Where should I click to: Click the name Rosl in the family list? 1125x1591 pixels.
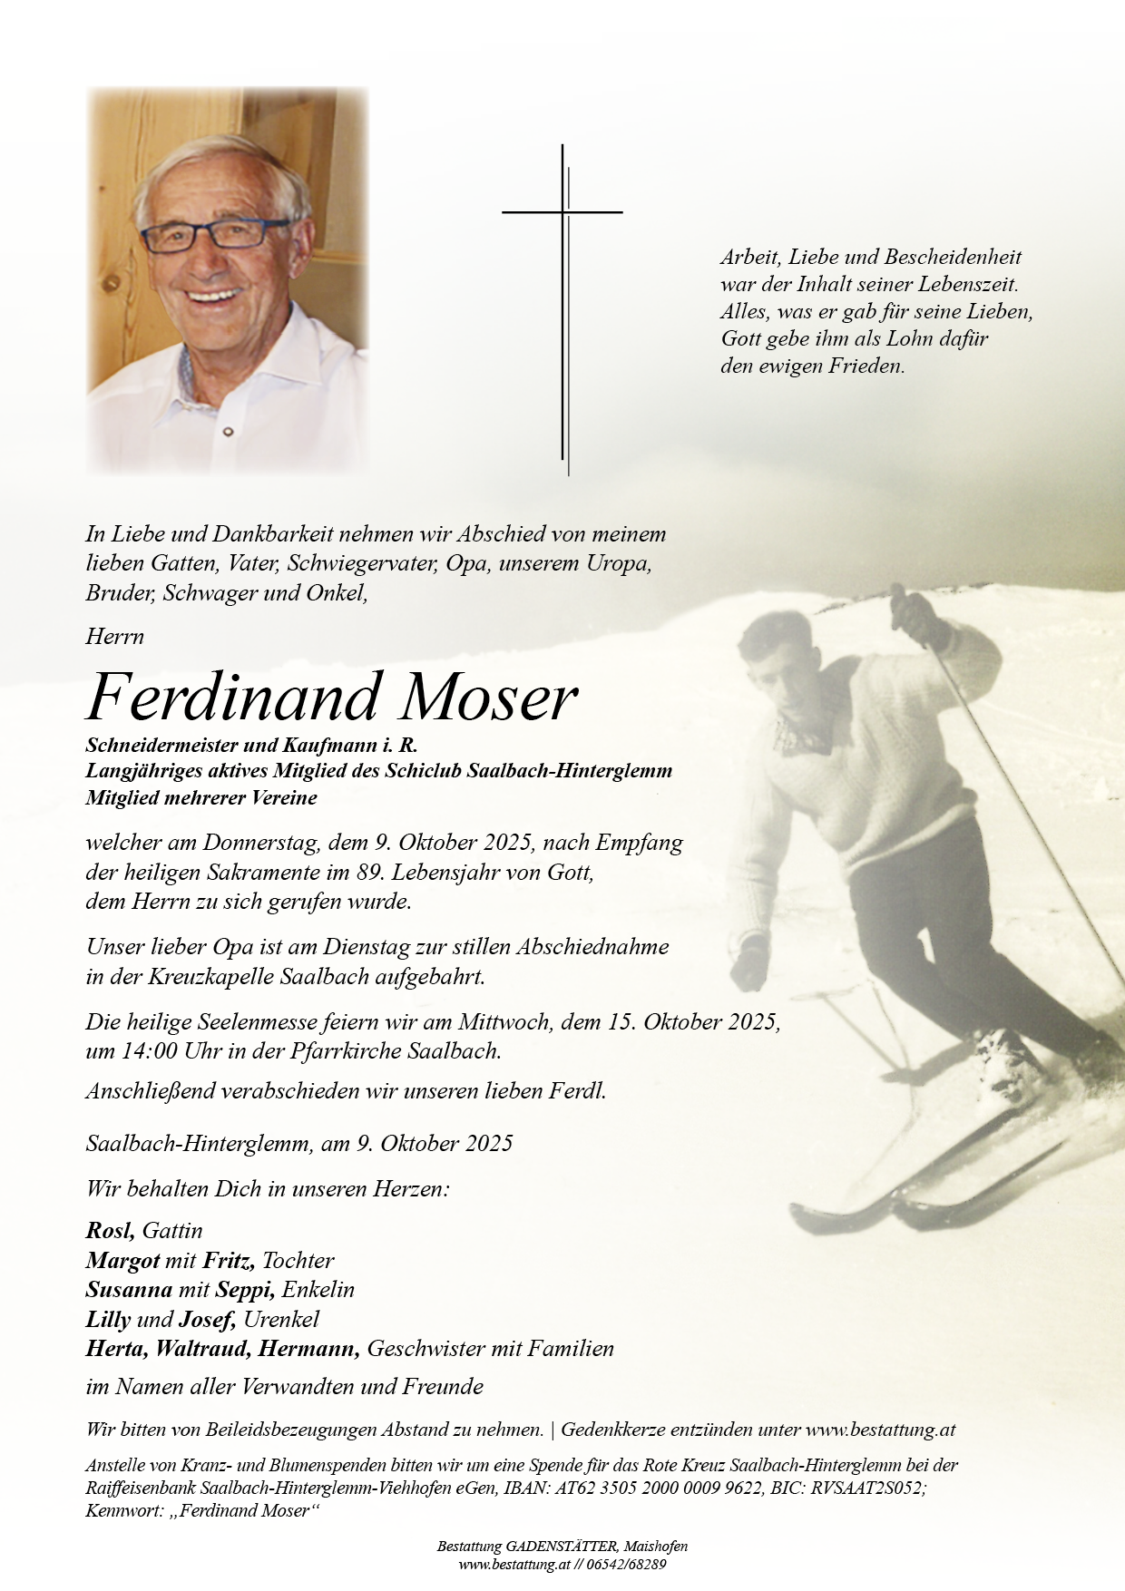click(x=110, y=1231)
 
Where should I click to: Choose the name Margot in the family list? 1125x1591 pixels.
click(x=122, y=1261)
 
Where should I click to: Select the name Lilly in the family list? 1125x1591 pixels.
click(x=107, y=1319)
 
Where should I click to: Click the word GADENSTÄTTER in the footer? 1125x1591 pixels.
click(x=551, y=1547)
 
